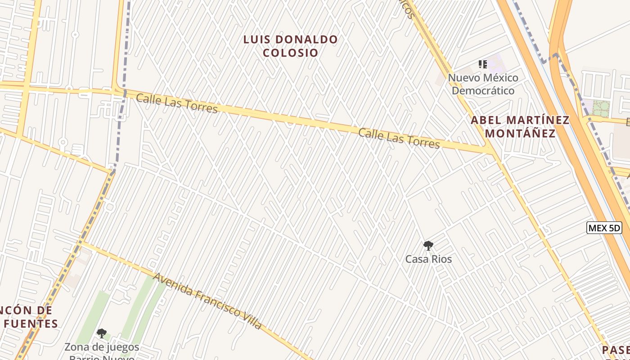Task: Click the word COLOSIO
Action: [290, 53]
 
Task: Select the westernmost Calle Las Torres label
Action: [176, 103]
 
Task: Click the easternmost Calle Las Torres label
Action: [399, 138]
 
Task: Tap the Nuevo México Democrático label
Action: [483, 84]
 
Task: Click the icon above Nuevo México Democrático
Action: [483, 64]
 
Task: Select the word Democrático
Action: [483, 91]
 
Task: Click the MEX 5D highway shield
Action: [604, 228]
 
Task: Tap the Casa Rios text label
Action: [428, 259]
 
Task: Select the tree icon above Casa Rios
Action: [428, 246]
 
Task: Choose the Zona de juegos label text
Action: [102, 347]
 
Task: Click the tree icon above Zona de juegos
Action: [102, 333]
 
